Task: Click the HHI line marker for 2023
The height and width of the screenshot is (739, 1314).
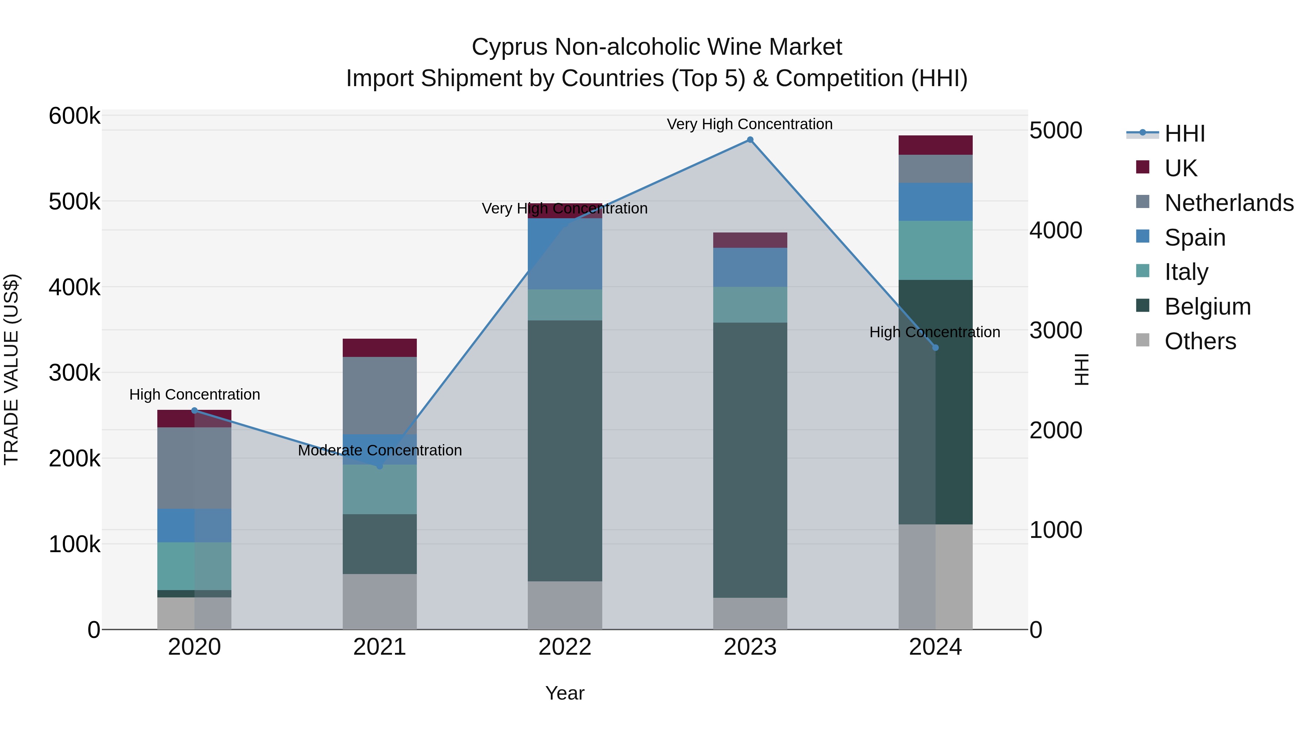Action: pos(750,140)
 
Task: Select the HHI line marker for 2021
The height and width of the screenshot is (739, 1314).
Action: pos(380,466)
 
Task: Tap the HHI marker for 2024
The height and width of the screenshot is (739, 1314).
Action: pos(935,348)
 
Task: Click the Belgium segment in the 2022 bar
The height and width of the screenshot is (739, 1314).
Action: pos(565,451)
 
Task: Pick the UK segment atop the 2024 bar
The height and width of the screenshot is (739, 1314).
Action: pos(935,145)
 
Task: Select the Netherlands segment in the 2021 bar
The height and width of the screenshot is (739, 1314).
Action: pos(380,395)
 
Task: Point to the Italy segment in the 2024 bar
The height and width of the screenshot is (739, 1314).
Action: pos(935,250)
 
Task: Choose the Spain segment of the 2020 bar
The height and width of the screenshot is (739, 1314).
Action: pos(194,525)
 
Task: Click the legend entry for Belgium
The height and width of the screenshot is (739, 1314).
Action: pos(1207,307)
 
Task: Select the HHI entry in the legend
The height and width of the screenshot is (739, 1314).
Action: pos(1184,134)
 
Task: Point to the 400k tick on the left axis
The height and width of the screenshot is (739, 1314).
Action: pos(74,288)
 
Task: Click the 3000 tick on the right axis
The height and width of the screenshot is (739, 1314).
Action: pos(1055,331)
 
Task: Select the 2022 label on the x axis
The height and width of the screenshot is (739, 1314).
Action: pos(565,647)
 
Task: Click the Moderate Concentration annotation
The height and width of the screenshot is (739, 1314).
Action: pos(380,450)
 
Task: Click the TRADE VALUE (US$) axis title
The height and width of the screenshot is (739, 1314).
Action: pos(12,369)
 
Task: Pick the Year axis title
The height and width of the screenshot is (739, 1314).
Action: pos(565,693)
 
